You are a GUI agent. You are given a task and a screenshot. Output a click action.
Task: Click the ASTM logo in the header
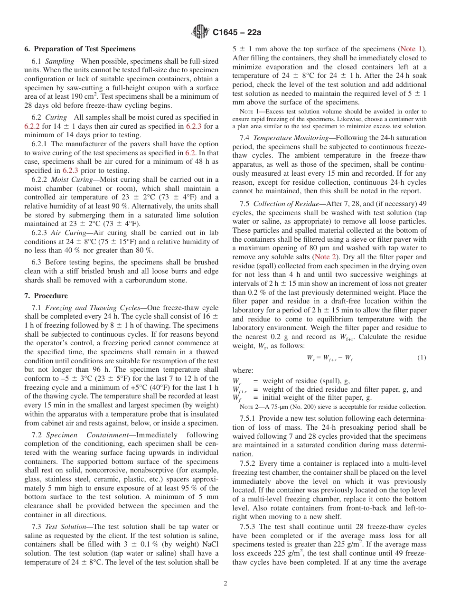tap(200, 32)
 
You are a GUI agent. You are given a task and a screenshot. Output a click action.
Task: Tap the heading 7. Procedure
tap(46, 295)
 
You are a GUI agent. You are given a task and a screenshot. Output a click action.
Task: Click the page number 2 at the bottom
tap(225, 584)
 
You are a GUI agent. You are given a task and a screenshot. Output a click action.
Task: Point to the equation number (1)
tap(421, 358)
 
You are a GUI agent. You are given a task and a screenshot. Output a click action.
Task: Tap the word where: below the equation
tap(243, 370)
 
